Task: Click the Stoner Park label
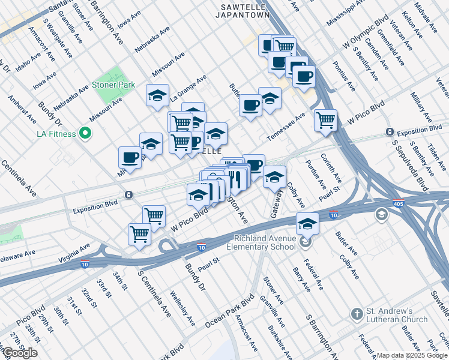point(113,85)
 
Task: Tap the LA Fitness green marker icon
point(85,133)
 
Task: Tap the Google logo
point(20,352)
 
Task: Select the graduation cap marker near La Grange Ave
point(157,95)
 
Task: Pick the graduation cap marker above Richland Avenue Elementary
point(307,223)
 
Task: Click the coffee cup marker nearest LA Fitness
point(130,157)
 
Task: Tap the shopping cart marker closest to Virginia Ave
point(140,233)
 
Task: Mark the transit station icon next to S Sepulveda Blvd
point(390,131)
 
